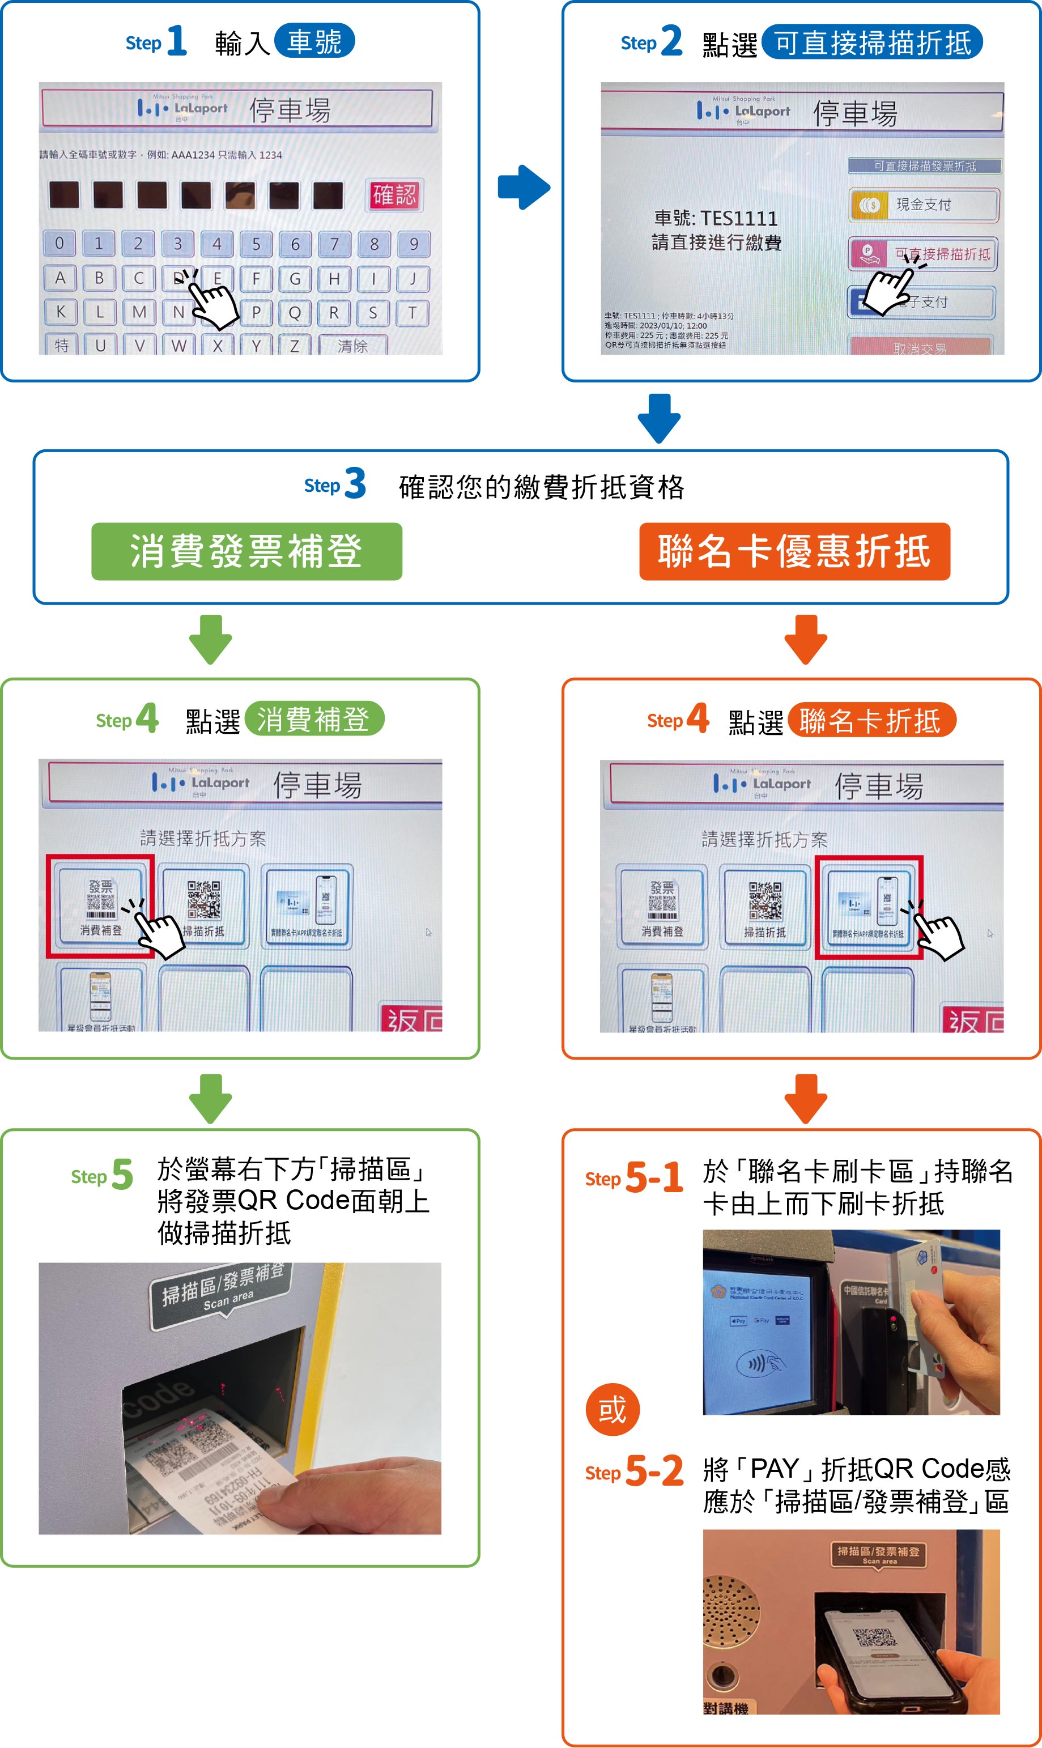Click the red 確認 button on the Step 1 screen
(x=394, y=195)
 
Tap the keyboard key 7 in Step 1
(x=334, y=244)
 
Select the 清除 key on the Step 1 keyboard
(x=352, y=346)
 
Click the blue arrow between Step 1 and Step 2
(x=524, y=188)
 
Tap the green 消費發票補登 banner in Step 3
(x=246, y=551)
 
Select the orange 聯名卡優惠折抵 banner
(x=794, y=551)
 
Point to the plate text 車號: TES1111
(x=716, y=218)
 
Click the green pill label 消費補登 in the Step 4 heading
(x=314, y=719)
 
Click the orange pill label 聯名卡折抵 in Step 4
(x=871, y=720)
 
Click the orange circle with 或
(x=613, y=1410)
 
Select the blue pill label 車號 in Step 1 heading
(x=314, y=41)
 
